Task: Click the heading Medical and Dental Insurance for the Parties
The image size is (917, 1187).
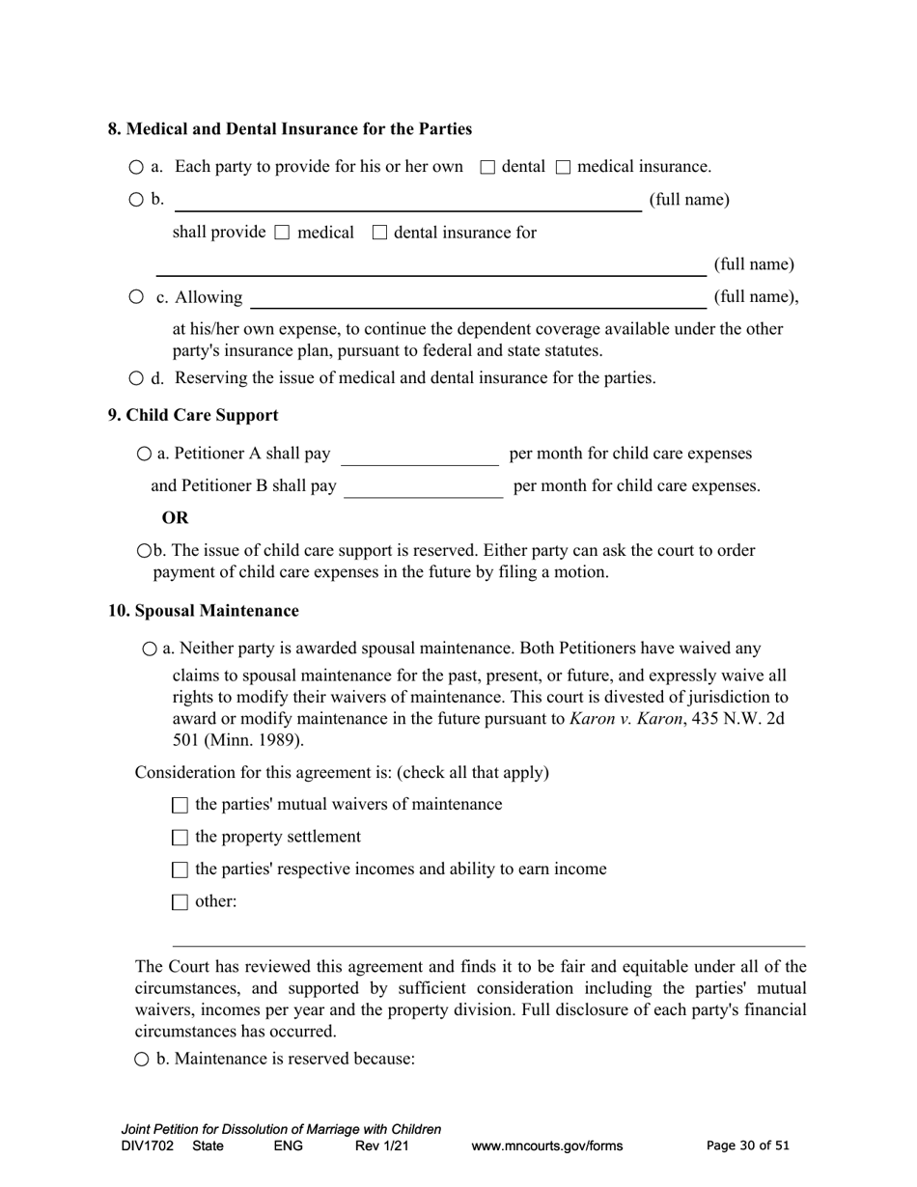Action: [x=290, y=129]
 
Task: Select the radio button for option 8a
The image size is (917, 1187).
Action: [x=136, y=168]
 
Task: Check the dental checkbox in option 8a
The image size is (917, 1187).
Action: [x=487, y=168]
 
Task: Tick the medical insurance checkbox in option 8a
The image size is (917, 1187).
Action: [x=564, y=168]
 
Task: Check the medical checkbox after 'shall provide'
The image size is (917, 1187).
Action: [x=282, y=233]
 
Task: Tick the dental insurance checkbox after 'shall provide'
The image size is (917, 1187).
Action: [x=379, y=233]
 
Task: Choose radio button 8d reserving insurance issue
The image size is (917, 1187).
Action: [x=136, y=378]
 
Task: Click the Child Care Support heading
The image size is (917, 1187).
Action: [x=193, y=415]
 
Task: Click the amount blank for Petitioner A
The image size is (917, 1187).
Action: [x=420, y=455]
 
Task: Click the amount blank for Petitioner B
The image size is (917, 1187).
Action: [x=423, y=487]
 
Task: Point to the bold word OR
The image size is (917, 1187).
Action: [x=176, y=518]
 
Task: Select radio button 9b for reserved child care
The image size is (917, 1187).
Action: [x=145, y=551]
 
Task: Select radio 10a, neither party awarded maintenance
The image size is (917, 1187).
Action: [x=150, y=649]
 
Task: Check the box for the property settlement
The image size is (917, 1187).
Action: [x=180, y=838]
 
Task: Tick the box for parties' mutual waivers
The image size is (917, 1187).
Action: [x=180, y=806]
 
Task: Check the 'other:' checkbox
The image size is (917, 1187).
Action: [x=180, y=902]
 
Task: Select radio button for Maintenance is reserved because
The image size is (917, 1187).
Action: [x=142, y=1060]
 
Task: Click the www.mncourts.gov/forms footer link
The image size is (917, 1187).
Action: [x=546, y=1146]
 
